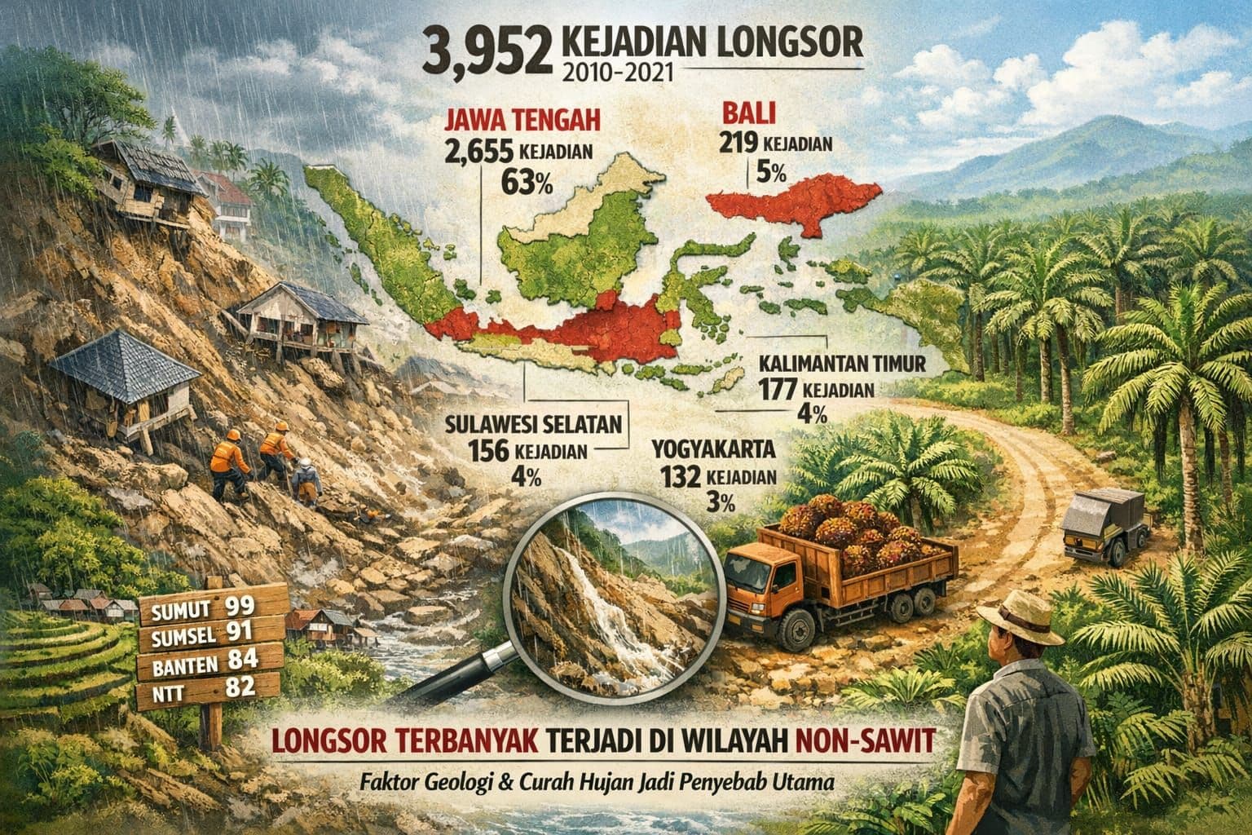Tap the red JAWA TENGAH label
point(522,122)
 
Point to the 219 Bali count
point(738,144)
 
